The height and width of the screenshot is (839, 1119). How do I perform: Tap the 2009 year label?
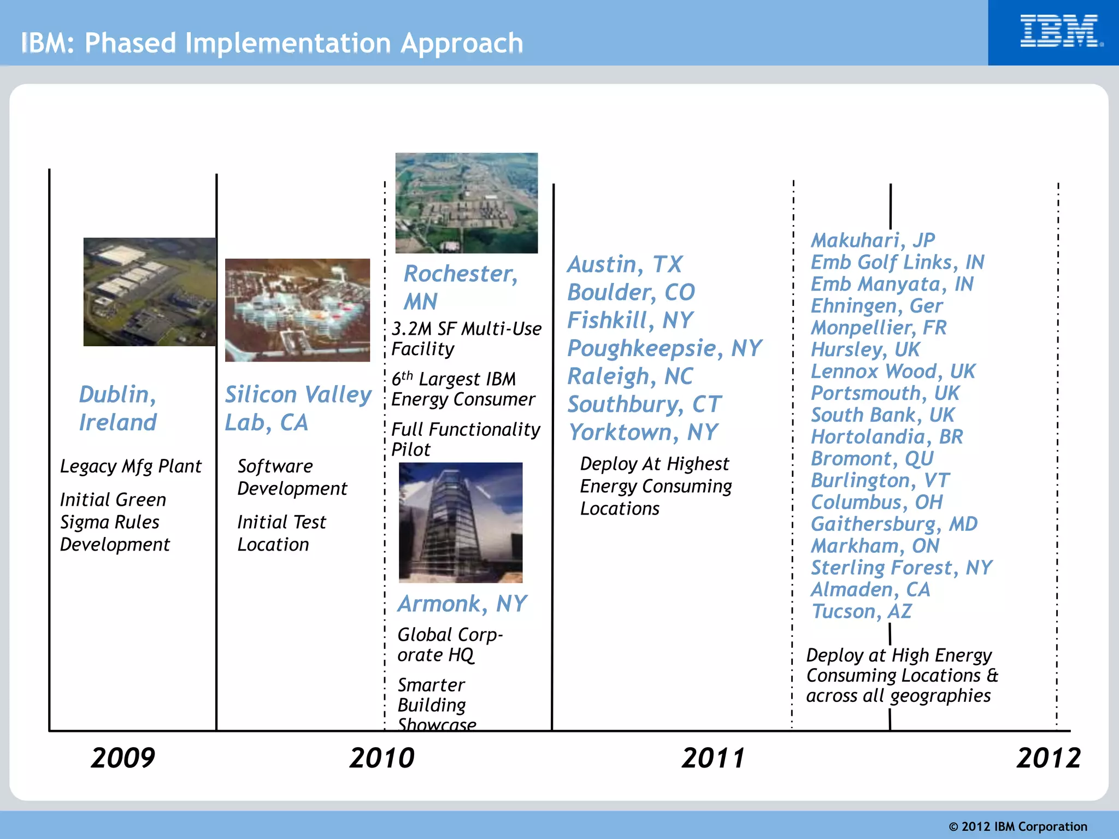[123, 758]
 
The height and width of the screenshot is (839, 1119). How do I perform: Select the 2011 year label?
[713, 758]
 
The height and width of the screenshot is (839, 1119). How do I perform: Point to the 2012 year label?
[1048, 758]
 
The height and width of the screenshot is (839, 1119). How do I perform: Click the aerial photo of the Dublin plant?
[150, 292]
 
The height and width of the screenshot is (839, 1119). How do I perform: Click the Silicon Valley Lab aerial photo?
[297, 310]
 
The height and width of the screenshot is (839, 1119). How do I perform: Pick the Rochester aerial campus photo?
[466, 203]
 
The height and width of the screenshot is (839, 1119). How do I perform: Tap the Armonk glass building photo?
[460, 522]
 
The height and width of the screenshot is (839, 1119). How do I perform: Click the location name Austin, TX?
[625, 264]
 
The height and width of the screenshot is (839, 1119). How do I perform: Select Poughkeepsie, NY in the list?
[664, 348]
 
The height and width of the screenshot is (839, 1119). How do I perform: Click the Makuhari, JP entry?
[873, 240]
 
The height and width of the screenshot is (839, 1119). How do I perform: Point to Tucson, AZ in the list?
[862, 611]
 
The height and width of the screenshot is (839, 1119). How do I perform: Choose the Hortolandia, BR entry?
[886, 437]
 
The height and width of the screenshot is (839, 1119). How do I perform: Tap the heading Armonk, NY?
[462, 604]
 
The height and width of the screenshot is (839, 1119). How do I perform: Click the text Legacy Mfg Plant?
[131, 466]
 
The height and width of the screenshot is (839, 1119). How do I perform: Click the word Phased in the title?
[130, 43]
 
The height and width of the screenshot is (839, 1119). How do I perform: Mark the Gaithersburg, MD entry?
[894, 524]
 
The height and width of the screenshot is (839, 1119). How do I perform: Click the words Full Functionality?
[466, 430]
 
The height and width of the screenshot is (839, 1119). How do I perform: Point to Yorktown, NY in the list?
[643, 433]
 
